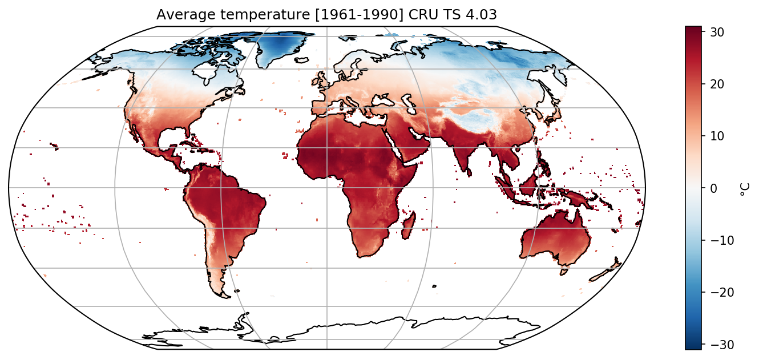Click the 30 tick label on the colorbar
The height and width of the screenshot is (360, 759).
(x=717, y=32)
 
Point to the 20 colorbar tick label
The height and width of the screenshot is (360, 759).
(x=717, y=84)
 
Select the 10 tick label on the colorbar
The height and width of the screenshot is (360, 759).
(x=717, y=136)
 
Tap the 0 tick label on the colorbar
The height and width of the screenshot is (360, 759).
(x=713, y=188)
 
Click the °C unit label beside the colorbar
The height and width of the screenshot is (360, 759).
(x=744, y=189)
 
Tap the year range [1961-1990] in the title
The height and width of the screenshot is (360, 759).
(x=360, y=15)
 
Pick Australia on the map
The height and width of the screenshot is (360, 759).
(x=556, y=237)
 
